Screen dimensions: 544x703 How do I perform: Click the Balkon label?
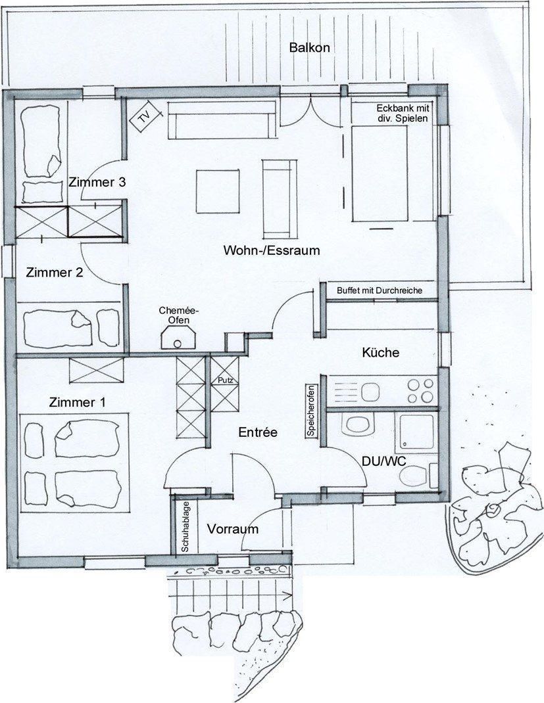pos(309,47)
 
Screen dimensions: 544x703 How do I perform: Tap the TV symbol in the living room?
pos(145,118)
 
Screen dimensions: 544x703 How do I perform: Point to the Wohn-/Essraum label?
pos(272,250)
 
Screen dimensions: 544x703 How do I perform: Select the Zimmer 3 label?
pos(97,182)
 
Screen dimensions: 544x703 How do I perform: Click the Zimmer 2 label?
pos(55,272)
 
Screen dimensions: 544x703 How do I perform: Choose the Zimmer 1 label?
pos(77,402)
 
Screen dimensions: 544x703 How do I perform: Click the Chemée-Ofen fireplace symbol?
pos(179,338)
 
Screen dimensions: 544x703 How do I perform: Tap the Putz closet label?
pos(226,380)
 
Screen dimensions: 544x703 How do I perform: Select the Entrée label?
pos(258,432)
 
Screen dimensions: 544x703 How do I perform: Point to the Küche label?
pos(380,352)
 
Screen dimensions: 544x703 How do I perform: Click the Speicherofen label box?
pos(310,411)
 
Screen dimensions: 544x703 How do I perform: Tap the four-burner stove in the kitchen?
pos(420,390)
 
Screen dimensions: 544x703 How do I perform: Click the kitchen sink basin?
pos(370,392)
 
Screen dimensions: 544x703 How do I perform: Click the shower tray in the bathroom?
pos(416,432)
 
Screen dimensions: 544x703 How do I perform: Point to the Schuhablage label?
pos(185,526)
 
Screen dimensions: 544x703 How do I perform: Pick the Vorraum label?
pos(232,529)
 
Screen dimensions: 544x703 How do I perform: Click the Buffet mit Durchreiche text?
pos(380,290)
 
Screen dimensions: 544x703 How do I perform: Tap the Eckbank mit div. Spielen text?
pos(403,114)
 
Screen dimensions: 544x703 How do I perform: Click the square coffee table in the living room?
pos(217,191)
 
